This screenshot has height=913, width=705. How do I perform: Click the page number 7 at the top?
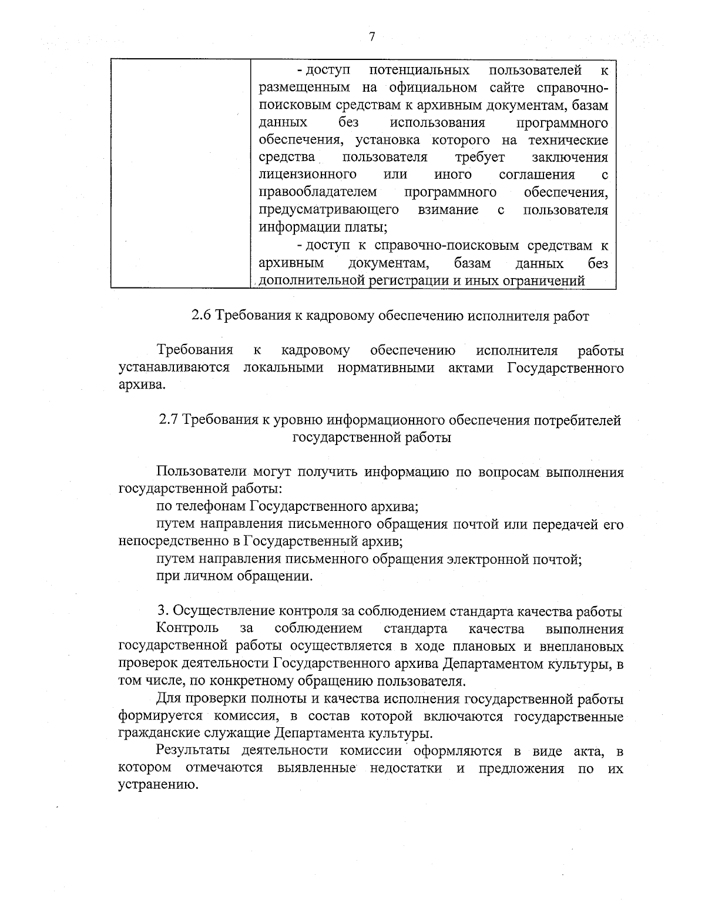371,37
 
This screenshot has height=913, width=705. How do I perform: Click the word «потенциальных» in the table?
419,71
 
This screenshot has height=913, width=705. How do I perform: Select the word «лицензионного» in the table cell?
307,175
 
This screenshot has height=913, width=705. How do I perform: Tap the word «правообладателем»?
317,192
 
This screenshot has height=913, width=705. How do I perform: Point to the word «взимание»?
448,210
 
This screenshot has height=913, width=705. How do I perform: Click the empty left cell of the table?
180,173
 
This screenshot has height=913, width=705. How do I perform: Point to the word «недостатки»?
406,768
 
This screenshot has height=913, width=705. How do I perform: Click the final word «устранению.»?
157,785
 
